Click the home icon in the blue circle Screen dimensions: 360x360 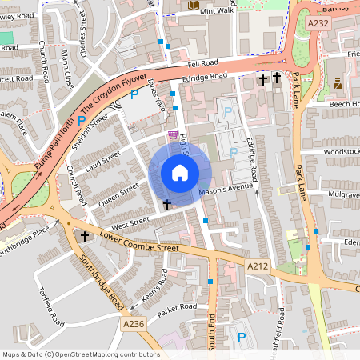click(180, 172)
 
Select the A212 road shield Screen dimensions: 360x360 click(257, 266)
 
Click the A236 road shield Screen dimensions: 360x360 click(134, 323)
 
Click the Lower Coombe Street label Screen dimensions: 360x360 click(139, 243)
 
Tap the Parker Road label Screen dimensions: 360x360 click(177, 310)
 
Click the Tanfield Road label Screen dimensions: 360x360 click(50, 306)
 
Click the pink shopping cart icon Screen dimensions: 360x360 click(174, 134)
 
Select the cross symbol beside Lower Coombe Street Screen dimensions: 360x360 click(85, 236)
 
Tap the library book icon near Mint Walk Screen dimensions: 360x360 click(193, 6)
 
